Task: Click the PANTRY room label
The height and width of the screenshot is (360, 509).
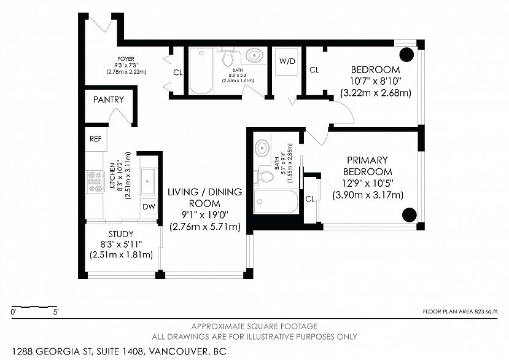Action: coord(109,100)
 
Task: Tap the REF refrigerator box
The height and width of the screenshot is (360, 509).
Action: coord(96,139)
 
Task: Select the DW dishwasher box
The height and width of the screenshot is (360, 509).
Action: coord(149,206)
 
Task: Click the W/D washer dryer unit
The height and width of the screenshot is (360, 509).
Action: coord(287,61)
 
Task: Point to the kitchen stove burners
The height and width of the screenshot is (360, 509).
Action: coord(95,182)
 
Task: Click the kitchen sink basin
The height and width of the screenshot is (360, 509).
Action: coord(148,181)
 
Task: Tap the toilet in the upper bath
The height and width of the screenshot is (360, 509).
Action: coord(228,58)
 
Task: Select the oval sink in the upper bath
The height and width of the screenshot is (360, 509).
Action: coord(254,55)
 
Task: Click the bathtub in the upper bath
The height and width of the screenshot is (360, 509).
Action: coord(201,71)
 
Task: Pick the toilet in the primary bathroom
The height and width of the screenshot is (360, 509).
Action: coord(265,176)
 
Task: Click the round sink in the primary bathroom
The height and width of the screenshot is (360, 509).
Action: coord(262,148)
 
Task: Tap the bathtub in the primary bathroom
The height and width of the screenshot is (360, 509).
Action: coord(276,202)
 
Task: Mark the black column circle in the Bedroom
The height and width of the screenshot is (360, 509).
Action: coord(406,55)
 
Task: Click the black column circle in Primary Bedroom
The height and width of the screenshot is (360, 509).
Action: coord(410,215)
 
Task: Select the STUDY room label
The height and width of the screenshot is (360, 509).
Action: coord(121,234)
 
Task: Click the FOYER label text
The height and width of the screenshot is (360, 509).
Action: coord(126,59)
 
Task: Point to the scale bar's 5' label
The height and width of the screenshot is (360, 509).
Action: coord(56,313)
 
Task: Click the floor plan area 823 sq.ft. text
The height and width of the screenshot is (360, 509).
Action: coord(460,312)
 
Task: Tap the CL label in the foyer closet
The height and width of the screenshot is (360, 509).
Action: coord(178,72)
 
